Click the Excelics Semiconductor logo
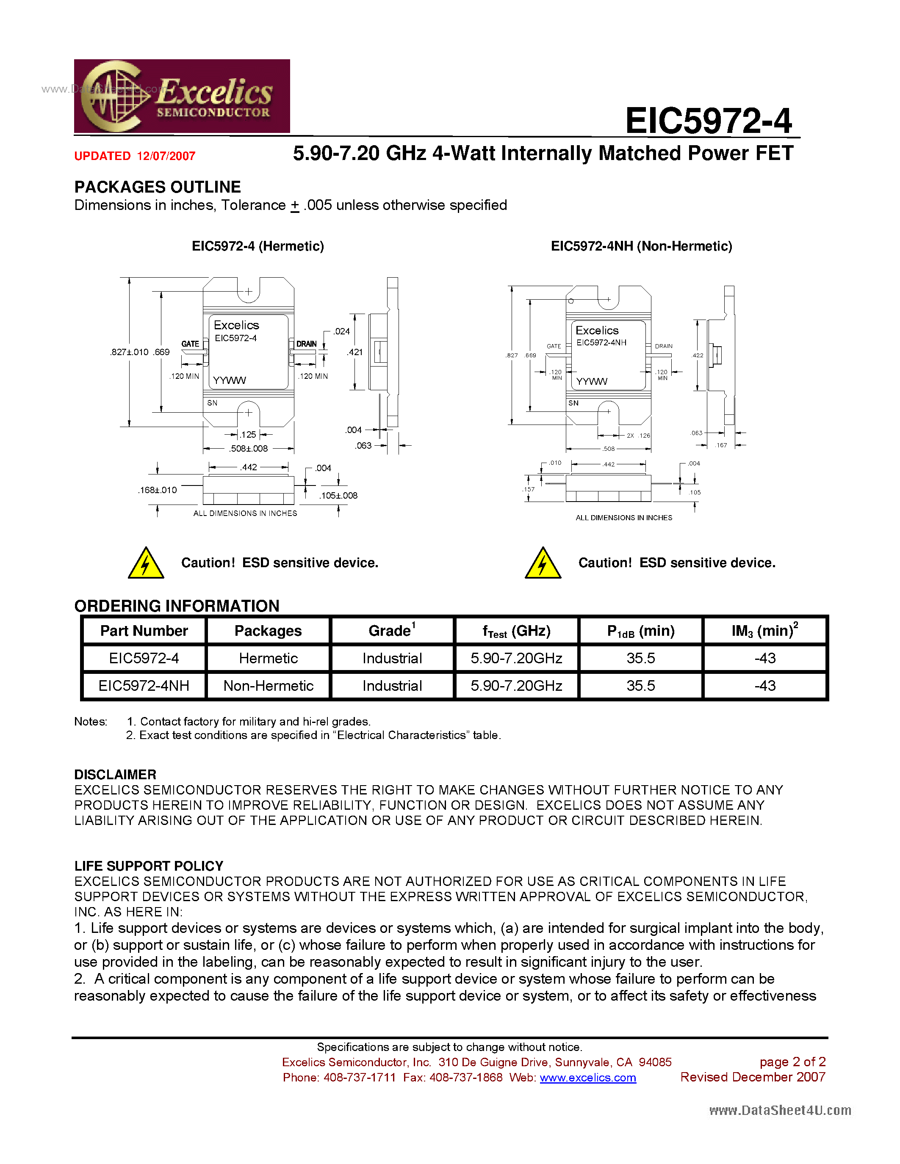[x=182, y=96]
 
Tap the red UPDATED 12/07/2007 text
[x=135, y=156]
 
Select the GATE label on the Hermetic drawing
[x=190, y=344]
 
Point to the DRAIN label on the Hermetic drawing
[x=306, y=344]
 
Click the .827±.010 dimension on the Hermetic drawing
[x=129, y=352]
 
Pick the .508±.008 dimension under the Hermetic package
[x=249, y=449]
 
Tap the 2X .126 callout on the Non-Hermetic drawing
[x=638, y=436]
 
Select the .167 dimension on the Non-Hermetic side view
[x=721, y=445]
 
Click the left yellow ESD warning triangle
[x=146, y=564]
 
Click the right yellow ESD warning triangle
[x=543, y=564]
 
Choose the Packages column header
[x=268, y=631]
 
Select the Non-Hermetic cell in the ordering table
[x=268, y=686]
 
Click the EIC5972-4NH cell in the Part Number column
[x=144, y=686]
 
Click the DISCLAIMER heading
[x=115, y=775]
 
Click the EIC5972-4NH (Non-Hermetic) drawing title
[x=641, y=246]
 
